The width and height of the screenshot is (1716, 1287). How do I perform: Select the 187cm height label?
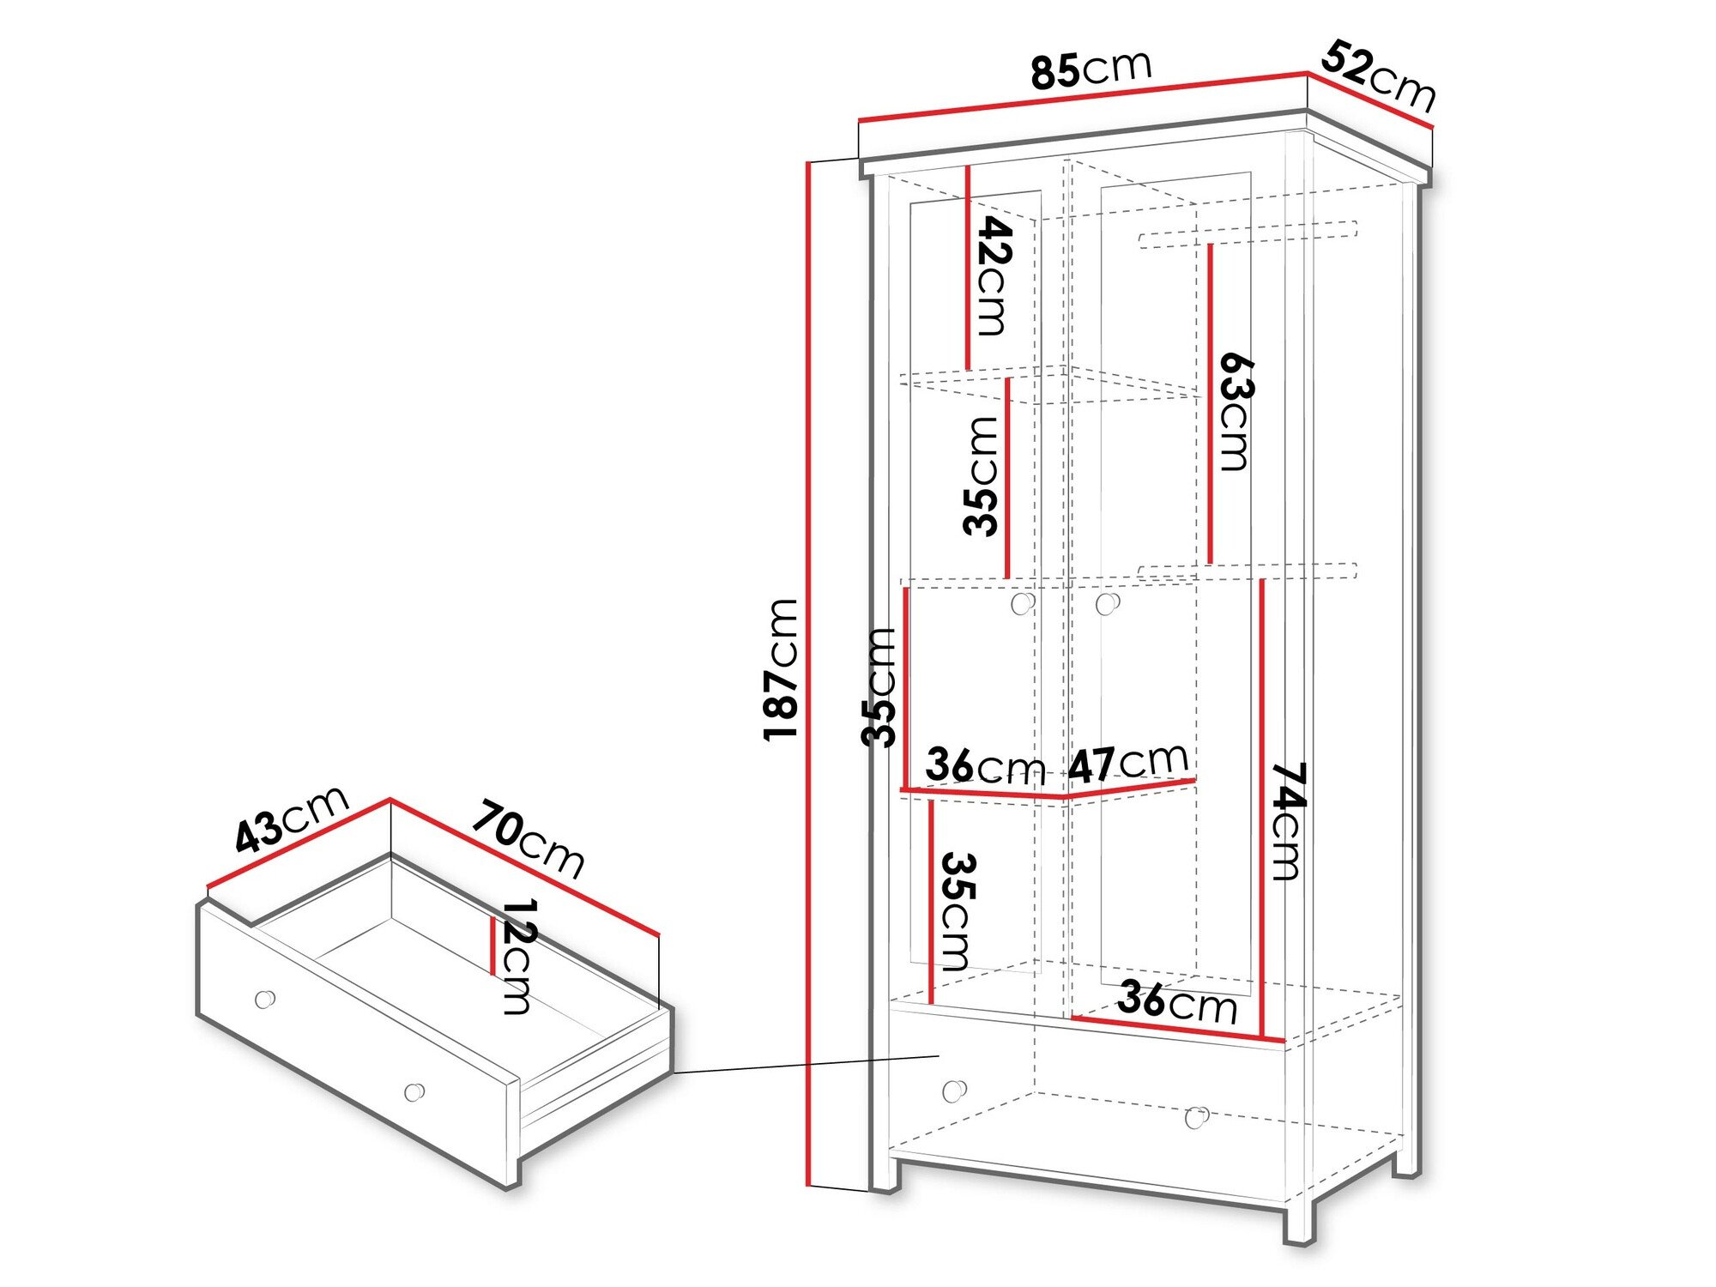(781, 669)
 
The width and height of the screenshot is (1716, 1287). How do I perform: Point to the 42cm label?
(993, 275)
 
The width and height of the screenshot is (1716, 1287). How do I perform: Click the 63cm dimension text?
(1236, 411)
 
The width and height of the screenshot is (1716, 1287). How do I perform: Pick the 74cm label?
(1286, 821)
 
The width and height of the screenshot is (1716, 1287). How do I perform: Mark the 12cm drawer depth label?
(517, 956)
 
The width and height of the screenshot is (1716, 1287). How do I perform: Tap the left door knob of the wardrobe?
(1022, 604)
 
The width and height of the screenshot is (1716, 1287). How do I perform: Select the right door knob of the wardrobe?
(1107, 604)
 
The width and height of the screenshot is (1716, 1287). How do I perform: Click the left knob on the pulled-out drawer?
(265, 999)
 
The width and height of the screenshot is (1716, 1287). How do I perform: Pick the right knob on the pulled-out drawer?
(414, 1092)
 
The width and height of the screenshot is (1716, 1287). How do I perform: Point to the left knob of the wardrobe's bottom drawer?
(953, 1091)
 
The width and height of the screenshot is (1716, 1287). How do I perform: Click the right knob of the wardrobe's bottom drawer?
(1196, 1117)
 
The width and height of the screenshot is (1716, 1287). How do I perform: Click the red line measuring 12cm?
(492, 946)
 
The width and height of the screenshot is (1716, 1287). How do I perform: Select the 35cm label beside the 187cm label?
(879, 686)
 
